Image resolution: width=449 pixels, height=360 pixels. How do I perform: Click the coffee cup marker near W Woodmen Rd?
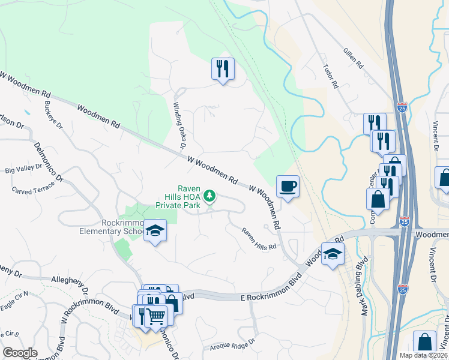click(288, 186)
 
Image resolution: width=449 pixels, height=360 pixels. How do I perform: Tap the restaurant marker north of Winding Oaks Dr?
click(223, 70)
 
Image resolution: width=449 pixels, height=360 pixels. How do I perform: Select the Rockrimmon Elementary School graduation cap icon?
click(155, 231)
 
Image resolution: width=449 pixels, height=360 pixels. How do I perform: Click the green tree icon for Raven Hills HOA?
click(209, 196)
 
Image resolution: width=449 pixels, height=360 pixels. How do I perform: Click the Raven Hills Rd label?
click(259, 238)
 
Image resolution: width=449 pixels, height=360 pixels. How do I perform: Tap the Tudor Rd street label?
click(331, 77)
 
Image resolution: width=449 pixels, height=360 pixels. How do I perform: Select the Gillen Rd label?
click(353, 58)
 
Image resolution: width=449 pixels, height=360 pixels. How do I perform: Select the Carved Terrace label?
click(33, 187)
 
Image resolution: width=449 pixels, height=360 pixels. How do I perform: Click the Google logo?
click(20, 353)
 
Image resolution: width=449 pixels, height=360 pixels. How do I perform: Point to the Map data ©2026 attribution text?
click(423, 355)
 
